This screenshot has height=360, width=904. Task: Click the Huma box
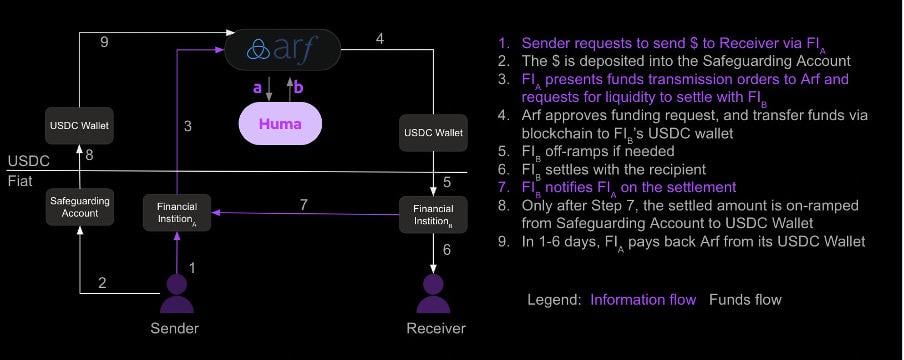click(282, 125)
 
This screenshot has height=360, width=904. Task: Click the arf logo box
click(282, 49)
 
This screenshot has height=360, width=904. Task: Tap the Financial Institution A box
click(177, 213)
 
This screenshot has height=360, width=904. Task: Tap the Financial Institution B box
click(433, 213)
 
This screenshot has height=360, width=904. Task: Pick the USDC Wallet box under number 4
click(433, 132)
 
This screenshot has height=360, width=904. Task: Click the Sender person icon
click(177, 294)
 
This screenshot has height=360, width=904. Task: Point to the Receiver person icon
click(433, 294)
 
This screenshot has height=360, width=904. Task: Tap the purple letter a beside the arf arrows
click(257, 88)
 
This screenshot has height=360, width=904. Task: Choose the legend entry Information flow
click(643, 300)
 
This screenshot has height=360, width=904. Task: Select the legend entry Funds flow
click(745, 300)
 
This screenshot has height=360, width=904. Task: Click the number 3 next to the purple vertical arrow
click(187, 126)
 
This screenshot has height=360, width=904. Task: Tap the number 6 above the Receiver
click(447, 250)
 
